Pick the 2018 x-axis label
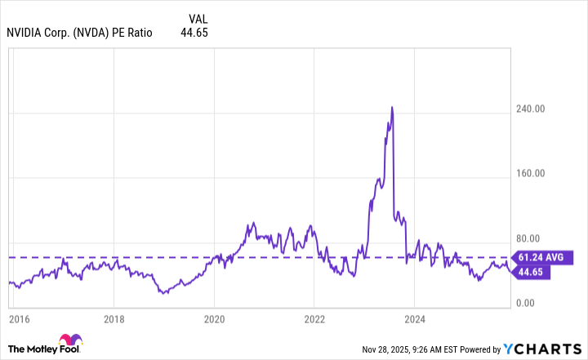114,318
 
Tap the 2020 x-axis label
214,318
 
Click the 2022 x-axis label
315,318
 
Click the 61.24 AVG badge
544,257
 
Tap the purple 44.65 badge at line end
532,273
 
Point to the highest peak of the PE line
392,107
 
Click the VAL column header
198,18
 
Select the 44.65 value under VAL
197,33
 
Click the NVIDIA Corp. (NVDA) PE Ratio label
79,33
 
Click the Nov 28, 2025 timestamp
389,349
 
